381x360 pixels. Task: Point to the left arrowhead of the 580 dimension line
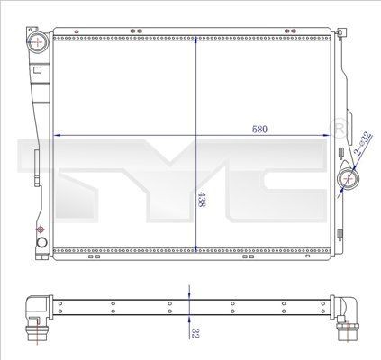pyautogui.click(x=59, y=135)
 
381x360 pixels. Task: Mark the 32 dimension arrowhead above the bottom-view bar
pyautogui.click(x=187, y=293)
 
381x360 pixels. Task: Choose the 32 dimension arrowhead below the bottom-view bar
pyautogui.click(x=187, y=319)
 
